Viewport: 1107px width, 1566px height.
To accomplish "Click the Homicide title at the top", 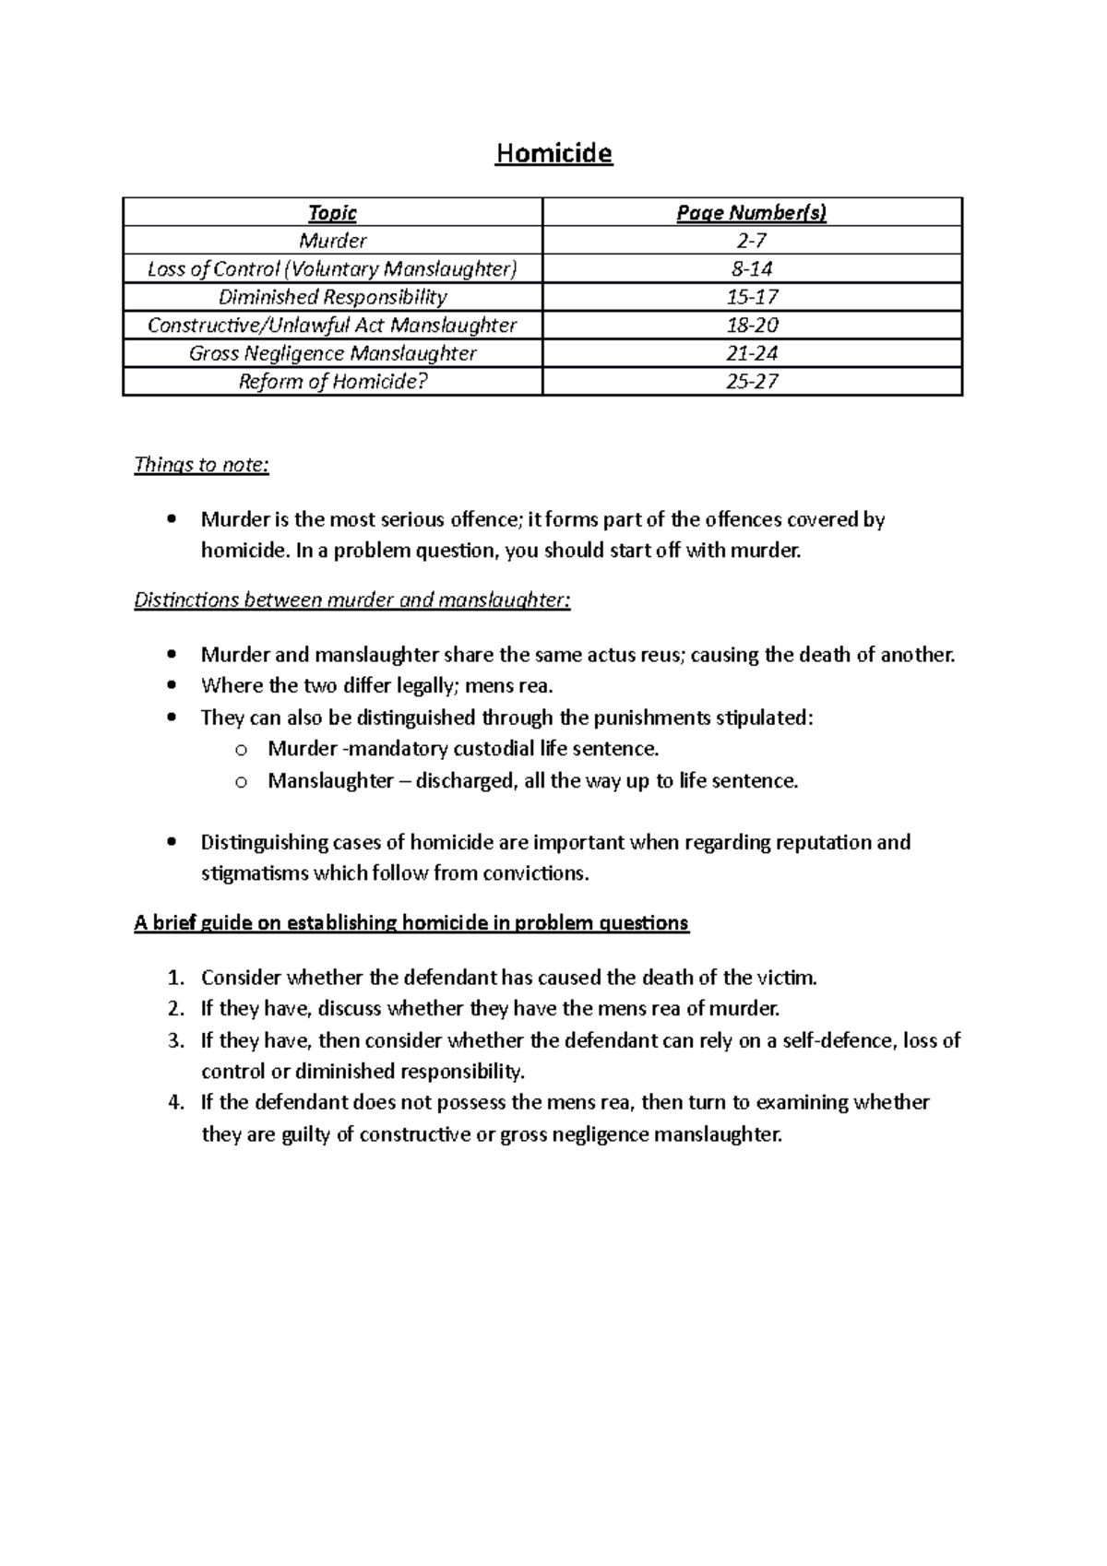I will (553, 153).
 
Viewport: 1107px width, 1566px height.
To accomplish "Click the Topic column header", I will (332, 213).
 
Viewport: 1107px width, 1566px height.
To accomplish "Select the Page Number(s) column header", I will (752, 213).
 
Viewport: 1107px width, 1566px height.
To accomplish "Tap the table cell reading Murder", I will (332, 241).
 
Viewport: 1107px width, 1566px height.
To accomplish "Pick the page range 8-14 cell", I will (752, 269).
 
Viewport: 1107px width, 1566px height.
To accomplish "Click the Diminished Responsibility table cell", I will (332, 297).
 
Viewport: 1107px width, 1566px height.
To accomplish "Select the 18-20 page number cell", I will (752, 325).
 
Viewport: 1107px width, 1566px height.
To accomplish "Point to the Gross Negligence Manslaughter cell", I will (332, 353).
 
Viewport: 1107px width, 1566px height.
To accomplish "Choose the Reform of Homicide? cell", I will (332, 381).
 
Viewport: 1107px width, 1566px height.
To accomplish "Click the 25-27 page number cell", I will (752, 381).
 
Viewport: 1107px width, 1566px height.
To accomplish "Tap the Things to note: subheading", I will (201, 465).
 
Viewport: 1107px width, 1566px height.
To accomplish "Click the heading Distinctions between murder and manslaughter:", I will (352, 600).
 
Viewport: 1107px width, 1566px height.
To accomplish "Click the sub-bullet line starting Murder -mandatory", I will (463, 749).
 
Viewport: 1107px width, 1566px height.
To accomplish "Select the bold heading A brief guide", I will (411, 923).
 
